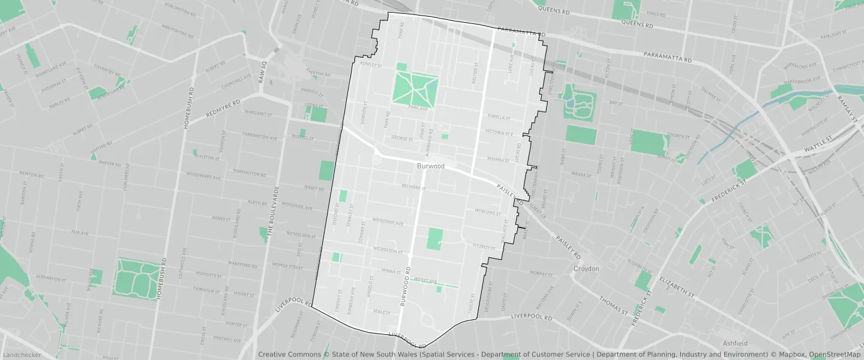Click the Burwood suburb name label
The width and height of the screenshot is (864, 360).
tap(431, 166)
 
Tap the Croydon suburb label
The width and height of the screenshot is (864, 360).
tap(586, 269)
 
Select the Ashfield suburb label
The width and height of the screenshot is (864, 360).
tap(735, 343)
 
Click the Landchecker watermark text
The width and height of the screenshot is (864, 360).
tap(22, 355)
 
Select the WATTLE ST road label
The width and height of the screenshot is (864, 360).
tap(818, 144)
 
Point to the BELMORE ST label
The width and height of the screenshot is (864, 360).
tap(413, 188)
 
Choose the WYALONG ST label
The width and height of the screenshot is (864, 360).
tap(487, 212)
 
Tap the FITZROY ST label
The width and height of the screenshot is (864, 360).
tap(485, 246)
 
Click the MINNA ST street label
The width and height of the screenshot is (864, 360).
tap(391, 271)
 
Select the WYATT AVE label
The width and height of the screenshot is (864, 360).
tap(425, 280)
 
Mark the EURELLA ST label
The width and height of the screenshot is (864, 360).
tap(499, 118)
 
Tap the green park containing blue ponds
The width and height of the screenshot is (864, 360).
tap(577, 102)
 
